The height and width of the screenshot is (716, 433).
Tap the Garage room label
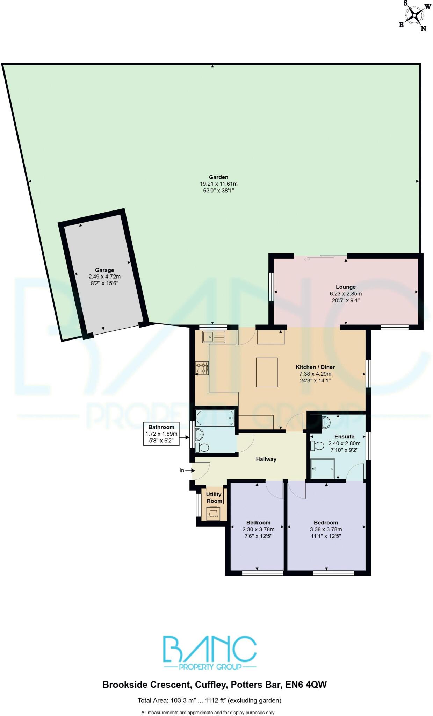(104, 270)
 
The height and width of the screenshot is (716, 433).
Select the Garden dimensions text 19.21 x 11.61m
(219, 184)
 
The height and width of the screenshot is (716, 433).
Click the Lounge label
(346, 287)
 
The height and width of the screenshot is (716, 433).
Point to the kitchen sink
(214, 337)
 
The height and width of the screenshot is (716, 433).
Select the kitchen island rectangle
(267, 372)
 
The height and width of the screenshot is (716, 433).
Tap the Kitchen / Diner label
(315, 367)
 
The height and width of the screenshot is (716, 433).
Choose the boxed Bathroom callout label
(161, 434)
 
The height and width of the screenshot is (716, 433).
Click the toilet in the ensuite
(318, 446)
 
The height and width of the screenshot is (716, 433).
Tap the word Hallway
(266, 459)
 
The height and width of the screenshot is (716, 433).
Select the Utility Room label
(214, 498)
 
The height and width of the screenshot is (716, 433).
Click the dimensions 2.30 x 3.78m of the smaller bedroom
(258, 529)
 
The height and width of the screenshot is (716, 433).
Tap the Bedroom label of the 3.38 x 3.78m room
(326, 523)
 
